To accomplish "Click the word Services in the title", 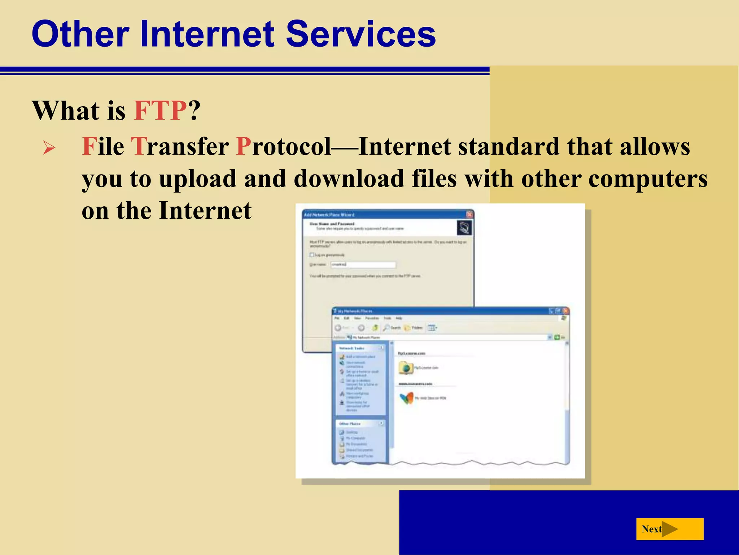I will pyautogui.click(x=361, y=34).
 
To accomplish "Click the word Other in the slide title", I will pyautogui.click(x=80, y=34).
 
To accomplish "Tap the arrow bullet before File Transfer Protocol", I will pyautogui.click(x=49, y=148).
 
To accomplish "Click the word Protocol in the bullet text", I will pyautogui.click(x=283, y=147).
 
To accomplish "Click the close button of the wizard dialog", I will pyautogui.click(x=469, y=214).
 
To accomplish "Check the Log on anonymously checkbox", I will pyautogui.click(x=312, y=255).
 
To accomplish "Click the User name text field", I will pyautogui.click(x=363, y=264).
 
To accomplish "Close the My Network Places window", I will pyautogui.click(x=565, y=311).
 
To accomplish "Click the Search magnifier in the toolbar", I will pyautogui.click(x=386, y=328).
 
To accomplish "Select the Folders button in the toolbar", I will pyautogui.click(x=413, y=328).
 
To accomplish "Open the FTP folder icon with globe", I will pyautogui.click(x=406, y=368).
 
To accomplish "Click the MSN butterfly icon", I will pyautogui.click(x=406, y=398).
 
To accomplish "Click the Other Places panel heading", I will pyautogui.click(x=350, y=423).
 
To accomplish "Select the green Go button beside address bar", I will pyautogui.click(x=557, y=337).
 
